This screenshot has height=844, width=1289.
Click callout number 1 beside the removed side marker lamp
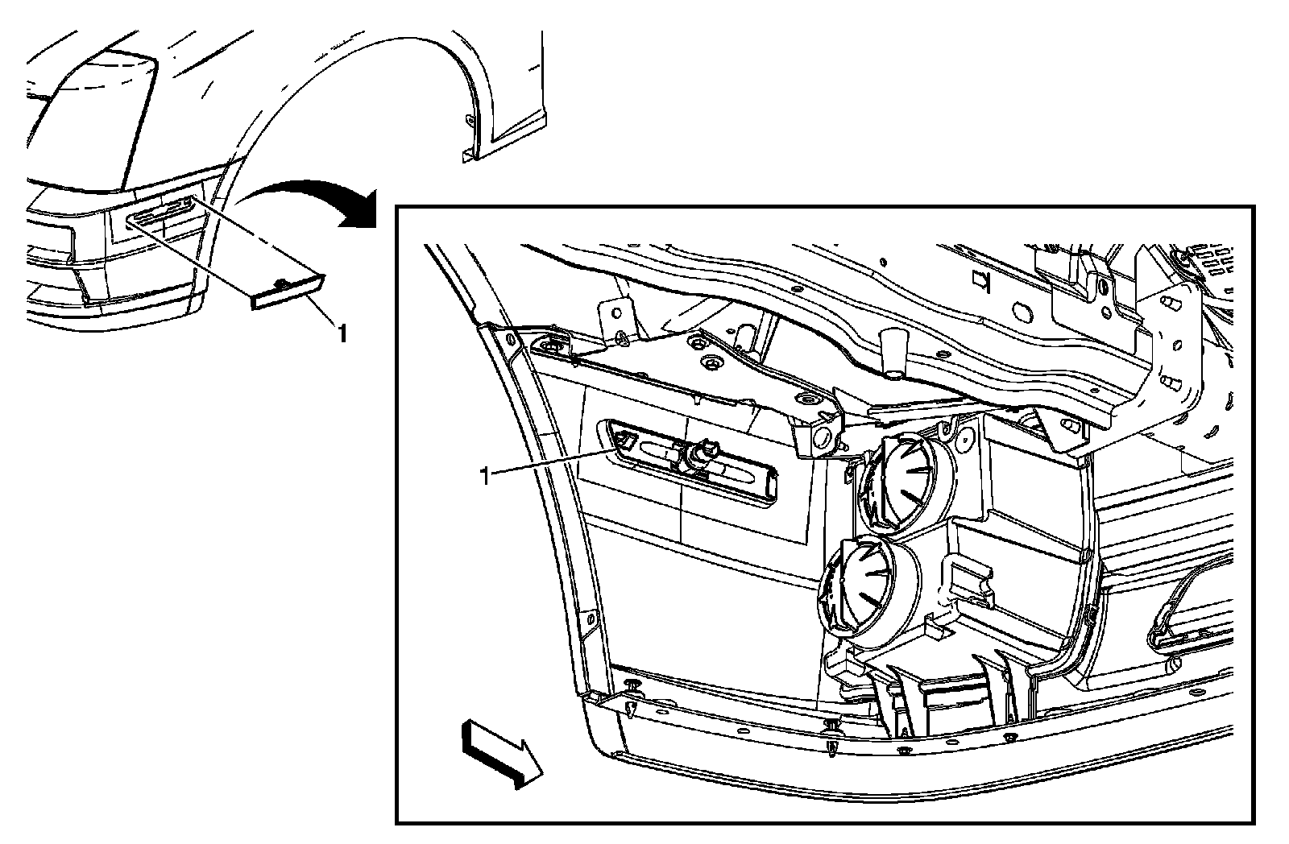click(x=342, y=333)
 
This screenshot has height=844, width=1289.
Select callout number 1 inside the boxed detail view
click(x=484, y=477)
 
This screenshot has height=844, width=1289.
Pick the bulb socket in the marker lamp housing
click(x=698, y=457)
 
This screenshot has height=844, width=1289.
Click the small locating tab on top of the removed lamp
click(x=282, y=282)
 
